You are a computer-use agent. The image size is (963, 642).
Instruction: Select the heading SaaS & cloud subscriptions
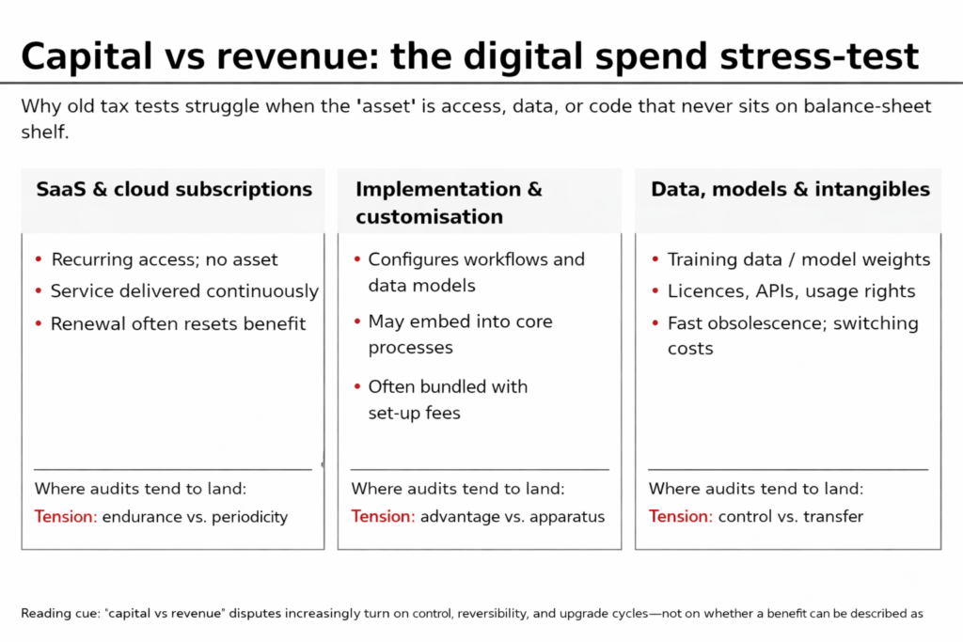click(x=174, y=189)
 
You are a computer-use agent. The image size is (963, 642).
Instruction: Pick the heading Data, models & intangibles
click(x=790, y=189)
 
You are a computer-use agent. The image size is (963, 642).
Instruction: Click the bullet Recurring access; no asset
click(x=165, y=259)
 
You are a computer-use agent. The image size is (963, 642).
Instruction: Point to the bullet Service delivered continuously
click(x=184, y=291)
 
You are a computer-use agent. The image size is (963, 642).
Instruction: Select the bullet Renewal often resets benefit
click(x=179, y=323)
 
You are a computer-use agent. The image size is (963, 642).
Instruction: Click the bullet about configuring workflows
click(x=476, y=272)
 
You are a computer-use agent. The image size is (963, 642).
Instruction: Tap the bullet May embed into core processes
click(x=460, y=334)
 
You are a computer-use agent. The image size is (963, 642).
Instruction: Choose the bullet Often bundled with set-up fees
click(x=448, y=399)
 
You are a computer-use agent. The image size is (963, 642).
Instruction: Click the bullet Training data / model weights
click(x=798, y=259)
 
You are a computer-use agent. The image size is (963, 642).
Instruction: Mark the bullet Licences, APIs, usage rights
click(x=791, y=291)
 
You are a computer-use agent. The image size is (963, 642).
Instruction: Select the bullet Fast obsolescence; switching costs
click(x=792, y=336)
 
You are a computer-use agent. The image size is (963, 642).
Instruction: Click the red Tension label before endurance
click(x=65, y=516)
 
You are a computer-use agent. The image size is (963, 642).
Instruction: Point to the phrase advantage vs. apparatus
click(x=512, y=516)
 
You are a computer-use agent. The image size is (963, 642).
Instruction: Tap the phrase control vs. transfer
click(x=790, y=516)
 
